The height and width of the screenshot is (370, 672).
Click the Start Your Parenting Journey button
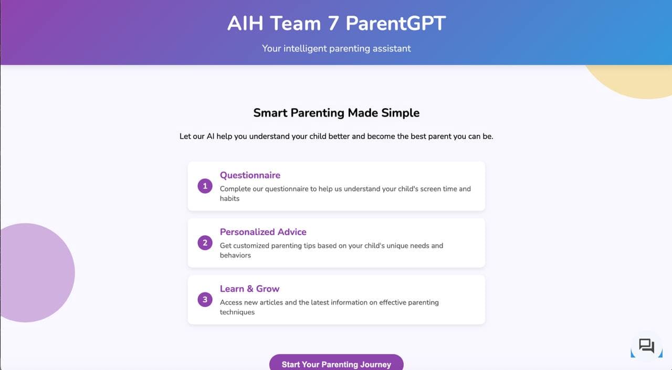(x=336, y=364)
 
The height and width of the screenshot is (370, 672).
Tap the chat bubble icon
(x=646, y=346)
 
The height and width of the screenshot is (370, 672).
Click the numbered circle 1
(x=205, y=186)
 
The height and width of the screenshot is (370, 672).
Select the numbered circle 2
(x=205, y=242)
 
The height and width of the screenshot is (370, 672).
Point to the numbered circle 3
(x=205, y=300)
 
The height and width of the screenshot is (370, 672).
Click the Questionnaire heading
(x=250, y=175)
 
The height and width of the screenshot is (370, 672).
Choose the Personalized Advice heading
(x=263, y=232)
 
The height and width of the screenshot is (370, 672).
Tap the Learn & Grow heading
(x=249, y=289)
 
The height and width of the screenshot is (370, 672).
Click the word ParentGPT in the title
(x=395, y=24)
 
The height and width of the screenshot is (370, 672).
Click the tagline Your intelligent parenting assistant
(x=336, y=48)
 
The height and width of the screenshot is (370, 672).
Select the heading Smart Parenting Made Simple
(x=336, y=113)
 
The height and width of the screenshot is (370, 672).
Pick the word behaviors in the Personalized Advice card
(x=235, y=256)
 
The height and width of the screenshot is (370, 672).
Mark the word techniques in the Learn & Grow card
(x=237, y=312)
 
